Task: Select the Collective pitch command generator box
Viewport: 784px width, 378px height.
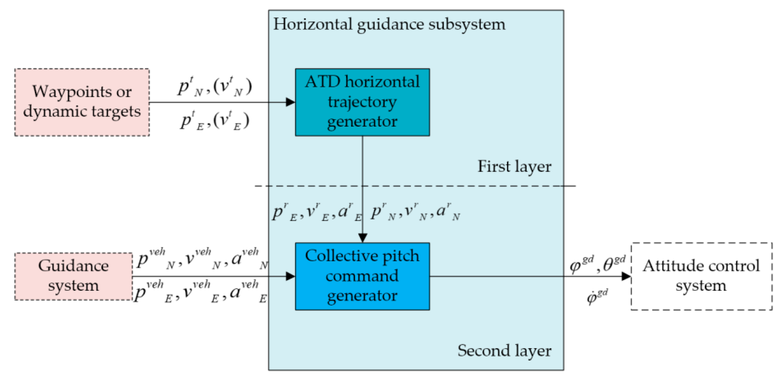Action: [x=362, y=276]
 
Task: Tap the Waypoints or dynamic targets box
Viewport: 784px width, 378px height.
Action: [x=82, y=102]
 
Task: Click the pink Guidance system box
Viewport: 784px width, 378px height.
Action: [x=73, y=276]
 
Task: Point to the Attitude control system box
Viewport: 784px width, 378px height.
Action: [x=701, y=276]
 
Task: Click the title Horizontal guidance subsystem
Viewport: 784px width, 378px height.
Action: [x=389, y=24]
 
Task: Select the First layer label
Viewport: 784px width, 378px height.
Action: [x=514, y=166]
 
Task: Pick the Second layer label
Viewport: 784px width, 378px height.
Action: [x=504, y=351]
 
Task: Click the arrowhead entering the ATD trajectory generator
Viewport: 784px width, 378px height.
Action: [x=290, y=102]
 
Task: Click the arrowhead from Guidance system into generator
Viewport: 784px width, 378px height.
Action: [x=290, y=276]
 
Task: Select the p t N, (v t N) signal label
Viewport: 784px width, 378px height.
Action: [x=215, y=87]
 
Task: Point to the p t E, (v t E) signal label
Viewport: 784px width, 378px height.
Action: [x=215, y=121]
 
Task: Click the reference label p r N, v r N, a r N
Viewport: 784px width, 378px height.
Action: [x=415, y=212]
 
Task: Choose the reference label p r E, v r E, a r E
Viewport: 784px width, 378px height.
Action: [x=317, y=212]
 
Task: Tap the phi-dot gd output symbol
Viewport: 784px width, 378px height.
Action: [x=597, y=297]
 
